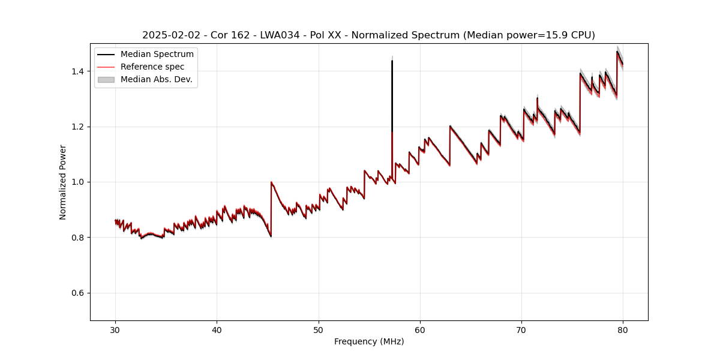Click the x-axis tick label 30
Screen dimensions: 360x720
tap(115, 330)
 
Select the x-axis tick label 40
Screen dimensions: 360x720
tap(217, 330)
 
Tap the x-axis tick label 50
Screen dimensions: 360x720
tap(319, 330)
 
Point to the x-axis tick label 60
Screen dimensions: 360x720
tap(420, 330)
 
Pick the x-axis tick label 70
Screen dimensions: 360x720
tap(521, 330)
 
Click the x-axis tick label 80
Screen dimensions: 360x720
tap(623, 330)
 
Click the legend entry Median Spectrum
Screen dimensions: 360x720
tap(157, 55)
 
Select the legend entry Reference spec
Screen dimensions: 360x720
tap(152, 67)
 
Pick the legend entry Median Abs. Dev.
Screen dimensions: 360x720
tap(156, 80)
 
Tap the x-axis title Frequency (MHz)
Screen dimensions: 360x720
tap(369, 342)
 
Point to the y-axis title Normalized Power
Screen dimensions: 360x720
tap(63, 182)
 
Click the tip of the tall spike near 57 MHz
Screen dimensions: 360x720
tap(392, 61)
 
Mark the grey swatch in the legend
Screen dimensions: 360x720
tap(106, 80)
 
